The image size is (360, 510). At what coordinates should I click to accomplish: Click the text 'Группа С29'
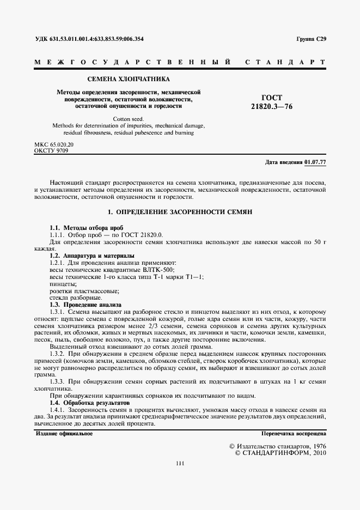[311, 39]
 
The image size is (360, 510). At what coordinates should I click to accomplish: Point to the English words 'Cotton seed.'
[129, 118]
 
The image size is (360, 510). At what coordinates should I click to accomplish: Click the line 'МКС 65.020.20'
[54, 144]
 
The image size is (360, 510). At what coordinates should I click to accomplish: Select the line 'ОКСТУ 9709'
[51, 150]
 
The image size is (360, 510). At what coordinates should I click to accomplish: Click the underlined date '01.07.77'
[315, 162]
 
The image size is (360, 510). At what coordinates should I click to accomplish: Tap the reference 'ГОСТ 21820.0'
[141, 234]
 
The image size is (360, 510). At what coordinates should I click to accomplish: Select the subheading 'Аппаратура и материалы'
[99, 256]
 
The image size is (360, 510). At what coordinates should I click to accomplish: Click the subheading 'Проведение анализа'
[94, 305]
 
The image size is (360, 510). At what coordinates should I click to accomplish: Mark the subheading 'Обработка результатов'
[98, 402]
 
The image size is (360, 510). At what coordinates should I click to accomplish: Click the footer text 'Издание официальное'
[64, 434]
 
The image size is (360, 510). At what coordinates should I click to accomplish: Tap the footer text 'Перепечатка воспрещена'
[294, 434]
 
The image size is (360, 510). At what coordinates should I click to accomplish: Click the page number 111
[180, 464]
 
